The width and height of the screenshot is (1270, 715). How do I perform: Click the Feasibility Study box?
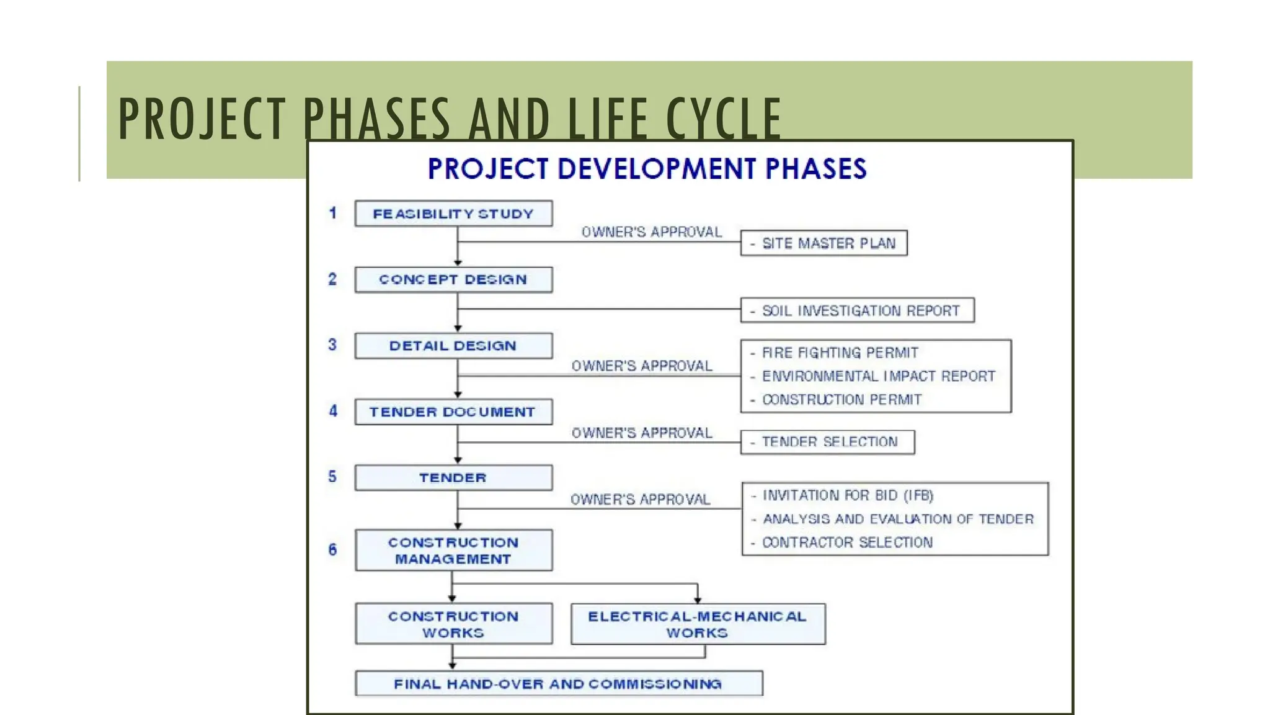453,214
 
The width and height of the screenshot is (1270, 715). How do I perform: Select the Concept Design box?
453,280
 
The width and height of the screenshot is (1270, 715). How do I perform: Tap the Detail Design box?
453,346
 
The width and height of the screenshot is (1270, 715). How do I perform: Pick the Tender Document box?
453,412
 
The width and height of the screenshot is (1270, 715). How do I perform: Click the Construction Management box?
453,551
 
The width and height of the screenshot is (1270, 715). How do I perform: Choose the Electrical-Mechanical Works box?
698,624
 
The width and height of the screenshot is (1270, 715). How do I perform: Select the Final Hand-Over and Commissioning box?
558,684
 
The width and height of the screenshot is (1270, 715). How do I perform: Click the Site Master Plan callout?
824,243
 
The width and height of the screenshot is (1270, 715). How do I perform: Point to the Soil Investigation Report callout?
857,310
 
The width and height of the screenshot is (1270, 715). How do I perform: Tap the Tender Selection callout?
827,442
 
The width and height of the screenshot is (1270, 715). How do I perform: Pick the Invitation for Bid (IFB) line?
847,495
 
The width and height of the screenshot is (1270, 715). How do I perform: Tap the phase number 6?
333,550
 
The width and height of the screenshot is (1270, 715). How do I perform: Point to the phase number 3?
332,344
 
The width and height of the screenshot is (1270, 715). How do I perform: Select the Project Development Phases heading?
647,169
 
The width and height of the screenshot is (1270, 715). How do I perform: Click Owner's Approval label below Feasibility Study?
651,232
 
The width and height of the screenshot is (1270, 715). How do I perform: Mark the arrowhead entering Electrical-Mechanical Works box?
698,600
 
